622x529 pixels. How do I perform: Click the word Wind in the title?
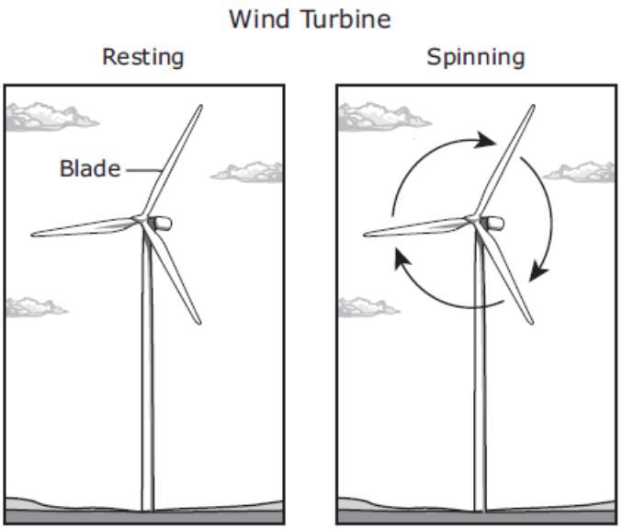(x=258, y=19)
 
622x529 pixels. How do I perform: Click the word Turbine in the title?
(x=342, y=19)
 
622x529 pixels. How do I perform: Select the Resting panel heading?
(x=142, y=57)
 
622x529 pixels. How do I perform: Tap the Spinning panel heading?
(x=475, y=57)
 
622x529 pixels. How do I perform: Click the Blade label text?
(x=89, y=169)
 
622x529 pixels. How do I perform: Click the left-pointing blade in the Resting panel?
(x=83, y=227)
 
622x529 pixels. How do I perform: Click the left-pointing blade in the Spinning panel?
(x=415, y=227)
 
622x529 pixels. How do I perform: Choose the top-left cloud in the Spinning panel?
(x=380, y=116)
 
